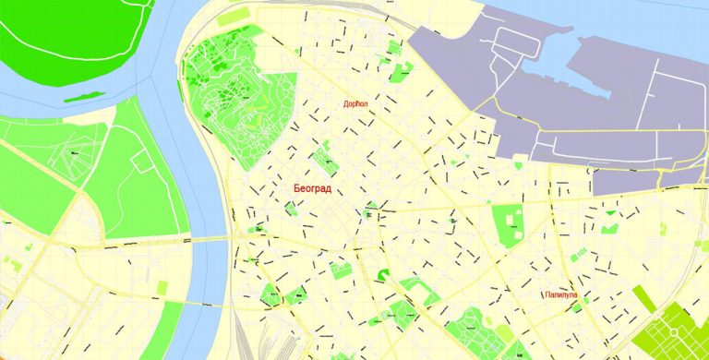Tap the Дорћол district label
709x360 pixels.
(356, 104)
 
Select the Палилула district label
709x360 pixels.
(564, 295)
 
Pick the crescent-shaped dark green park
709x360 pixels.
(382, 274)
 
